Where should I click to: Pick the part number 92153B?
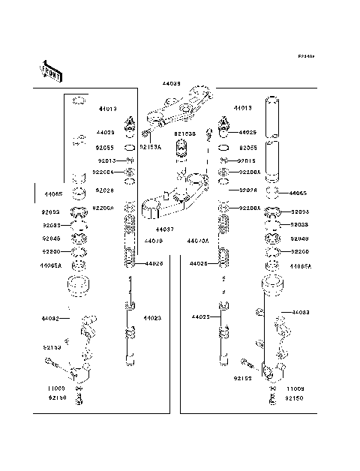[x=184, y=134]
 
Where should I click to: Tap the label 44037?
[x=165, y=228]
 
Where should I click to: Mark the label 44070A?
[x=197, y=241]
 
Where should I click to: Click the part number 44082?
[x=50, y=319]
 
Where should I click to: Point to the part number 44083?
[x=300, y=311]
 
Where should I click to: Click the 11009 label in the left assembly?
[x=57, y=389]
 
